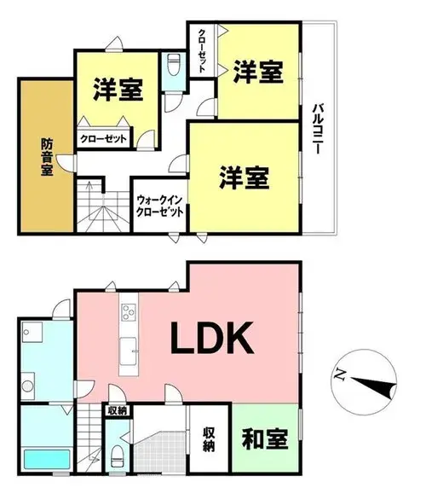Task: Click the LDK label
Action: (x=212, y=338)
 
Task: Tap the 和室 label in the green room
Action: (x=265, y=439)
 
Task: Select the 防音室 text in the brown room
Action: (x=47, y=157)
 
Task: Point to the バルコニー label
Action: (x=317, y=129)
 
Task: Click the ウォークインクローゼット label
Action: (x=160, y=206)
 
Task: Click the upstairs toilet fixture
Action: (x=173, y=65)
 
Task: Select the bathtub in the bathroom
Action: (x=47, y=459)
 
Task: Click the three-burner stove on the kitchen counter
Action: (x=129, y=312)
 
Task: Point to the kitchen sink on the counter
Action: (x=129, y=351)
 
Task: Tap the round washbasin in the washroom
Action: (x=27, y=386)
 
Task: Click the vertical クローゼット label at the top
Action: (x=202, y=51)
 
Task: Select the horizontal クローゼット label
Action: (x=104, y=139)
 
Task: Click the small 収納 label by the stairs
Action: (x=118, y=411)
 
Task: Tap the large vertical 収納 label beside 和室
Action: (x=209, y=439)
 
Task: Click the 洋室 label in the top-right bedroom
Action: (x=258, y=72)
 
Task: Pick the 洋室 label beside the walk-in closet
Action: (x=245, y=177)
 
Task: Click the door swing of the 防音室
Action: (x=66, y=163)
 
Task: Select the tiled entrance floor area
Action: (x=160, y=451)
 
